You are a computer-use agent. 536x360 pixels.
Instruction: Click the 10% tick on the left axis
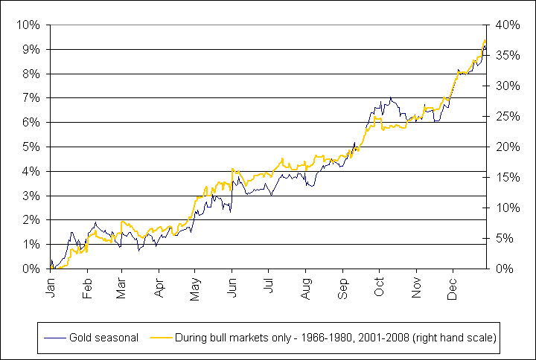click(x=28, y=25)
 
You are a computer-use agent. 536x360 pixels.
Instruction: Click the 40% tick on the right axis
click(x=508, y=25)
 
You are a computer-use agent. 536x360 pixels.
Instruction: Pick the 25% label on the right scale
click(x=508, y=117)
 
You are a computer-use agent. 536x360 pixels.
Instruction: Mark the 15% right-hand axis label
click(x=508, y=177)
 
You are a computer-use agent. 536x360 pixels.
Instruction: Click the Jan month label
click(x=51, y=289)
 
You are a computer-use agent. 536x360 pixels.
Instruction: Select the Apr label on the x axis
click(x=159, y=289)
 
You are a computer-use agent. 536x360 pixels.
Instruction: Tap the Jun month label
click(x=232, y=289)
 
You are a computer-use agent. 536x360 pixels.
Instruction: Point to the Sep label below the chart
click(x=343, y=289)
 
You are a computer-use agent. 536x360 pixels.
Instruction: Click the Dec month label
click(x=453, y=289)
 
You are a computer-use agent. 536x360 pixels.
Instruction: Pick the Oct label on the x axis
click(x=380, y=287)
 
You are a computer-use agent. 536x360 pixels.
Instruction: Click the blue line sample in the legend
click(x=54, y=338)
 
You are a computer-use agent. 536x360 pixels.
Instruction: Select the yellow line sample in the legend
click(x=161, y=338)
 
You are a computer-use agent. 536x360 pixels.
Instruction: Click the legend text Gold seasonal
click(x=104, y=338)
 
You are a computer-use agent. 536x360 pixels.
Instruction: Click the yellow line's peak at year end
click(x=485, y=40)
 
